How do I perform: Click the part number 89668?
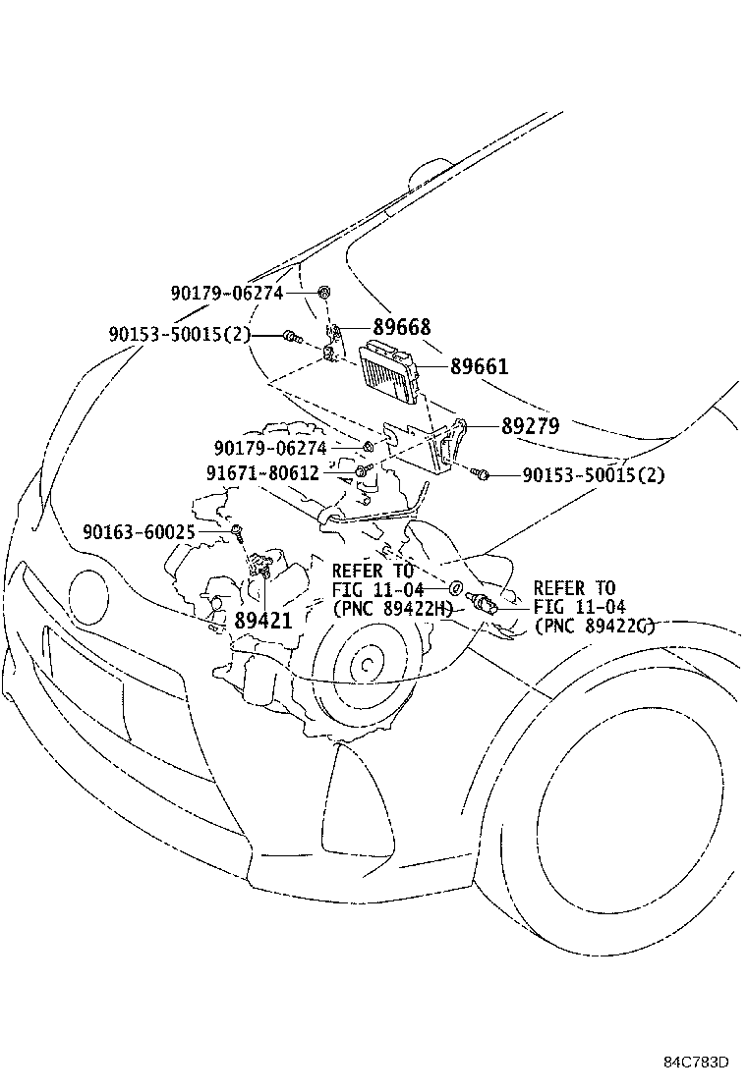[x=402, y=327]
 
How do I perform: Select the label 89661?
[x=480, y=366]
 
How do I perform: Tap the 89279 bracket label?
[x=530, y=426]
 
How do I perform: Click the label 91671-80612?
[x=262, y=472]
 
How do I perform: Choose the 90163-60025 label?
[x=152, y=531]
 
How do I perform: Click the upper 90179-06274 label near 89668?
[x=226, y=293]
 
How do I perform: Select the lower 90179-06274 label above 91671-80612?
[x=270, y=448]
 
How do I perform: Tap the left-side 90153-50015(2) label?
[x=180, y=335]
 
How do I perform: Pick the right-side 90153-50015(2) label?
[x=594, y=475]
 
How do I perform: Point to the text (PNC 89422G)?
[x=595, y=627]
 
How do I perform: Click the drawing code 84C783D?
[x=696, y=1063]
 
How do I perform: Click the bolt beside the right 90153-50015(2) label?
[x=483, y=475]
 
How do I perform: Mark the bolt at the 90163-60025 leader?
[x=237, y=531]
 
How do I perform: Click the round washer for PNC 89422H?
[x=455, y=588]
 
